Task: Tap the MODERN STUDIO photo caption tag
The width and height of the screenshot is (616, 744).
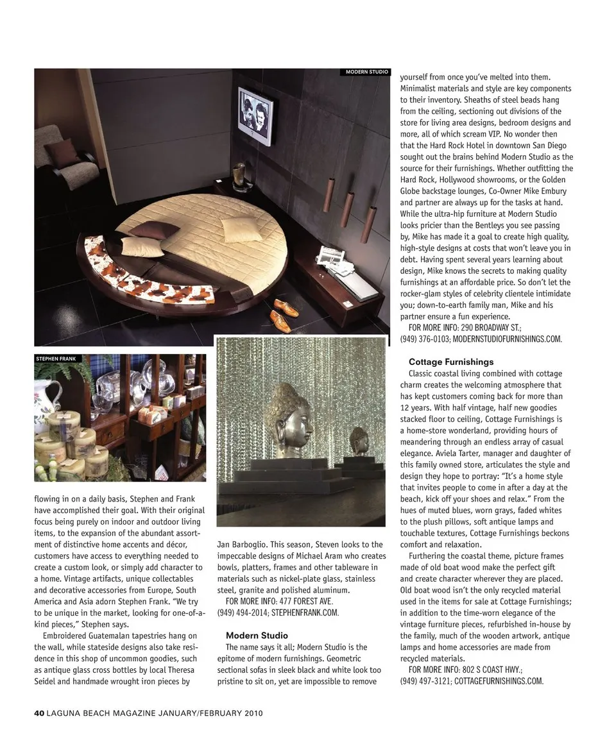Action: point(366,72)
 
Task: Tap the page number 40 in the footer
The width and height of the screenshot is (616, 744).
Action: point(38,713)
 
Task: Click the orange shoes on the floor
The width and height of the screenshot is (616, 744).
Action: point(282,312)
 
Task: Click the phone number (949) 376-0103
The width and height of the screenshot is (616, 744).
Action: point(425,339)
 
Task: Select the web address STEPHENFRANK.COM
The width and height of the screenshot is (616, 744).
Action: point(305,613)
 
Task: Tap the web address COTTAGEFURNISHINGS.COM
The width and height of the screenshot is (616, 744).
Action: point(499,681)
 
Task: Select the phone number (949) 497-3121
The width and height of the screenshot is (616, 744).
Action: point(425,681)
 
